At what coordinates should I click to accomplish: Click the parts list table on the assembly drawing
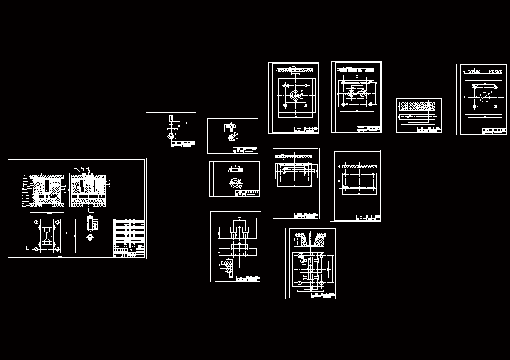(129, 237)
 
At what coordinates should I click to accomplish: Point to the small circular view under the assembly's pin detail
(90, 237)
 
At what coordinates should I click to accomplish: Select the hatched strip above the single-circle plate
(483, 72)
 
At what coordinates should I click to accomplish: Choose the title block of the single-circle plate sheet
(494, 131)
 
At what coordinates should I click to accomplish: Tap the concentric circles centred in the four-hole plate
(295, 95)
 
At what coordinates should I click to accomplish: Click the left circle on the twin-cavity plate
(350, 93)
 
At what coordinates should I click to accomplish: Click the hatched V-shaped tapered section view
(310, 239)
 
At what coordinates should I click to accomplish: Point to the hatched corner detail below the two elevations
(229, 266)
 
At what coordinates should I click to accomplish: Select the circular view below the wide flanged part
(235, 182)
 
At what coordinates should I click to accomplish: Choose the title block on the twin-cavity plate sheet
(368, 128)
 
